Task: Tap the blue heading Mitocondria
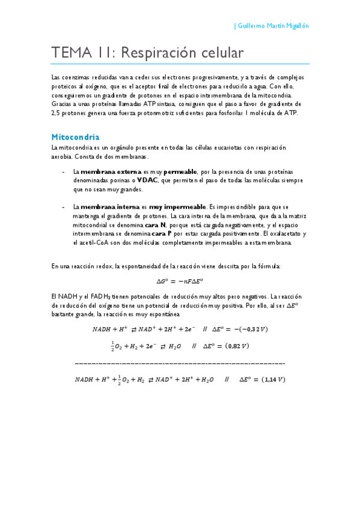[76, 137]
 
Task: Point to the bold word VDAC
[147, 180]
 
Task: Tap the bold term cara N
[155, 225]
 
